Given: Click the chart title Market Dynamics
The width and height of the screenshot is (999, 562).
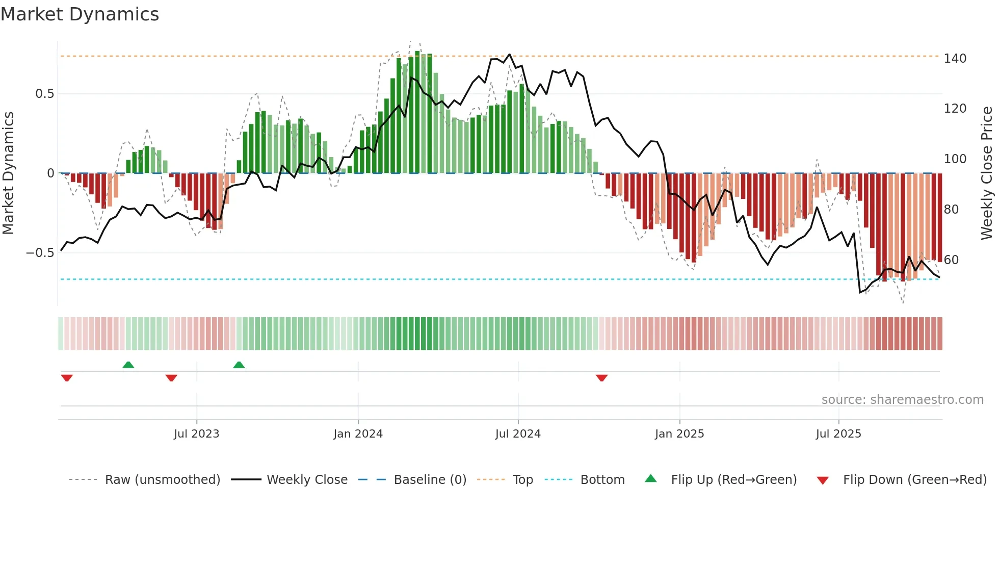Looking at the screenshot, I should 80,14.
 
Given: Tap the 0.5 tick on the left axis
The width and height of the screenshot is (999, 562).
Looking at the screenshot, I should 44,94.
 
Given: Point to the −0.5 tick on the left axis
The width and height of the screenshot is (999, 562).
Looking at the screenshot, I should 40,253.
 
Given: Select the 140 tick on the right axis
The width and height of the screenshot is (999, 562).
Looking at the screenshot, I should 955,59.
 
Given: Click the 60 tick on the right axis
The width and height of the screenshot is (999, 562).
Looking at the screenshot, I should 951,260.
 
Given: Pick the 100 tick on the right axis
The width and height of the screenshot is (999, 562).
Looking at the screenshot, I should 955,159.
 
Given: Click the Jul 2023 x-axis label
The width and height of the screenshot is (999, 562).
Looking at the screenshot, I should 196,434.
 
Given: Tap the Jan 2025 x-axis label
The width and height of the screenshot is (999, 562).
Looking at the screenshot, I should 679,434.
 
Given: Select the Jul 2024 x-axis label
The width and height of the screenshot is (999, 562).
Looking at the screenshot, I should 517,434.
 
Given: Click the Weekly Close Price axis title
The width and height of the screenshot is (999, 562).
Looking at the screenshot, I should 987,173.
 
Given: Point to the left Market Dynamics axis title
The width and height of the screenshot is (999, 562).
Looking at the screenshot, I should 9,173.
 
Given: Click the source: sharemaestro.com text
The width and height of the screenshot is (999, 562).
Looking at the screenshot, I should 902,400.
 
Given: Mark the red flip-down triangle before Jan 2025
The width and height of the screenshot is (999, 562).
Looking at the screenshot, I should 601,378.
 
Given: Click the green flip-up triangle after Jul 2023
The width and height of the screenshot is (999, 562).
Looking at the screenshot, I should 239,365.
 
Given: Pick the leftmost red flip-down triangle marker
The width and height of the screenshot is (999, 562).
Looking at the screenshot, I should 67,378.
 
